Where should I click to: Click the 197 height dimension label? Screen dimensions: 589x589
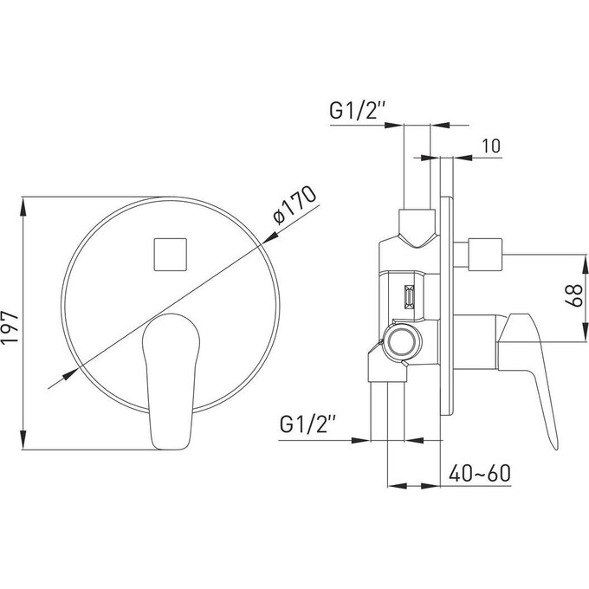(10, 327)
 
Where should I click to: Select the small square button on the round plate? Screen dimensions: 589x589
(170, 255)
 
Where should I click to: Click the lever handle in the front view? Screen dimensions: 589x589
(171, 381)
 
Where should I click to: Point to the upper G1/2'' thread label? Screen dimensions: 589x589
(357, 111)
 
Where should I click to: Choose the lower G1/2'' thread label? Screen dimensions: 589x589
(307, 424)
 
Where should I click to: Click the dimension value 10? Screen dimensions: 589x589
(491, 146)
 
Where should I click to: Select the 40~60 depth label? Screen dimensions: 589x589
(480, 473)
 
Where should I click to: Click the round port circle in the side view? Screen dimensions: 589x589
(402, 342)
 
